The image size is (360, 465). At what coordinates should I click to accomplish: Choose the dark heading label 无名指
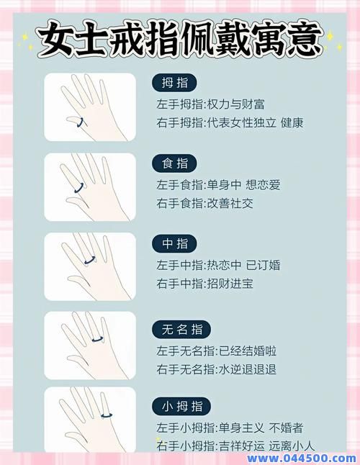tap(181, 330)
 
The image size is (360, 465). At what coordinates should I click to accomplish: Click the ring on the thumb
tap(80, 121)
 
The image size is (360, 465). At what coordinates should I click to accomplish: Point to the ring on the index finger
tap(79, 187)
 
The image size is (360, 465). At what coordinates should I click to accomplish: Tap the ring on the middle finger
tap(90, 260)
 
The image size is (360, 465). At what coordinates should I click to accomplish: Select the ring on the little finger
tap(107, 415)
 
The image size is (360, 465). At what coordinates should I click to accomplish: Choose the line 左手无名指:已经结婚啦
tap(217, 351)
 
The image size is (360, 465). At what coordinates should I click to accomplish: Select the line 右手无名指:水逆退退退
tap(217, 369)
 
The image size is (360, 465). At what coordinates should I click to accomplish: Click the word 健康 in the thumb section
tap(292, 123)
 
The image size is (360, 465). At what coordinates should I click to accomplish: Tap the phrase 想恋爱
tap(263, 186)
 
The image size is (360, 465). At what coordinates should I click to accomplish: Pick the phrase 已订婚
tap(263, 266)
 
